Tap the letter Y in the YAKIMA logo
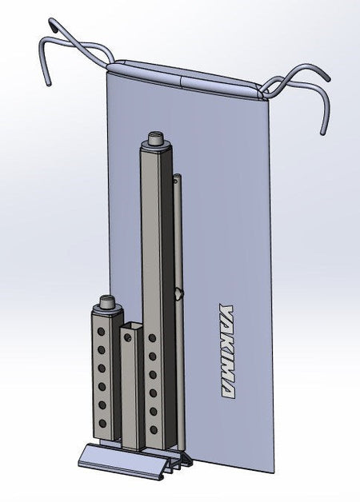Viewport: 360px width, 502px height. tap(226, 311)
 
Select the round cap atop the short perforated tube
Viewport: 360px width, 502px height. tap(107, 303)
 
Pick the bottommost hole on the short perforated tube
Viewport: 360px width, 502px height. tap(102, 424)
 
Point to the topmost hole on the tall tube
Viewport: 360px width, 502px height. tap(152, 338)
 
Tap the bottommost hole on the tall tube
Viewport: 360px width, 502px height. tap(154, 429)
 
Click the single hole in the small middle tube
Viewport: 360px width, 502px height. tap(128, 337)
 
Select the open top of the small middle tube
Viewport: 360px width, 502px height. tap(130, 326)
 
